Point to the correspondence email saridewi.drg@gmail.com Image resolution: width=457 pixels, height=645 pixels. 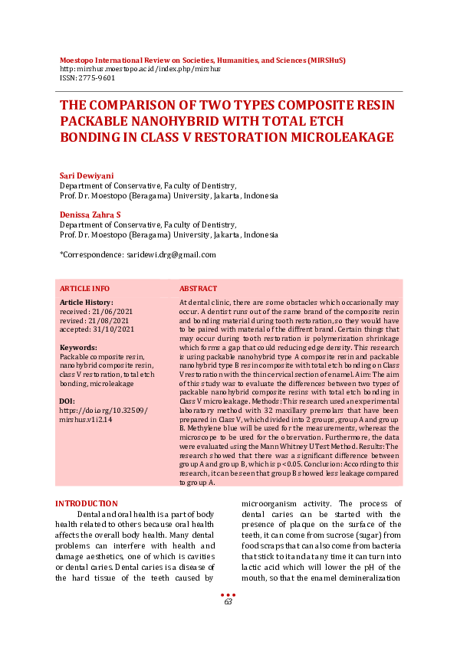(x=169, y=254)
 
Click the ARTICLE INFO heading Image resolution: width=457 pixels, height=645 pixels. (x=84, y=289)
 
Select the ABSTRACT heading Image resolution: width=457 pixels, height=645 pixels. (x=198, y=289)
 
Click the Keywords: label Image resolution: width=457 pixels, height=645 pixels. (x=77, y=348)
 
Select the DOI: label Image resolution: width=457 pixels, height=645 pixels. (x=67, y=401)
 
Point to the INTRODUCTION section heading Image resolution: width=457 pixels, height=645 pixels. (x=87, y=503)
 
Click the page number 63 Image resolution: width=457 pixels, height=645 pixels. (x=228, y=602)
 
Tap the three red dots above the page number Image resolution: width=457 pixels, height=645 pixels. (x=228, y=594)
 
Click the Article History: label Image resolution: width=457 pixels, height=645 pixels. (x=86, y=303)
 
